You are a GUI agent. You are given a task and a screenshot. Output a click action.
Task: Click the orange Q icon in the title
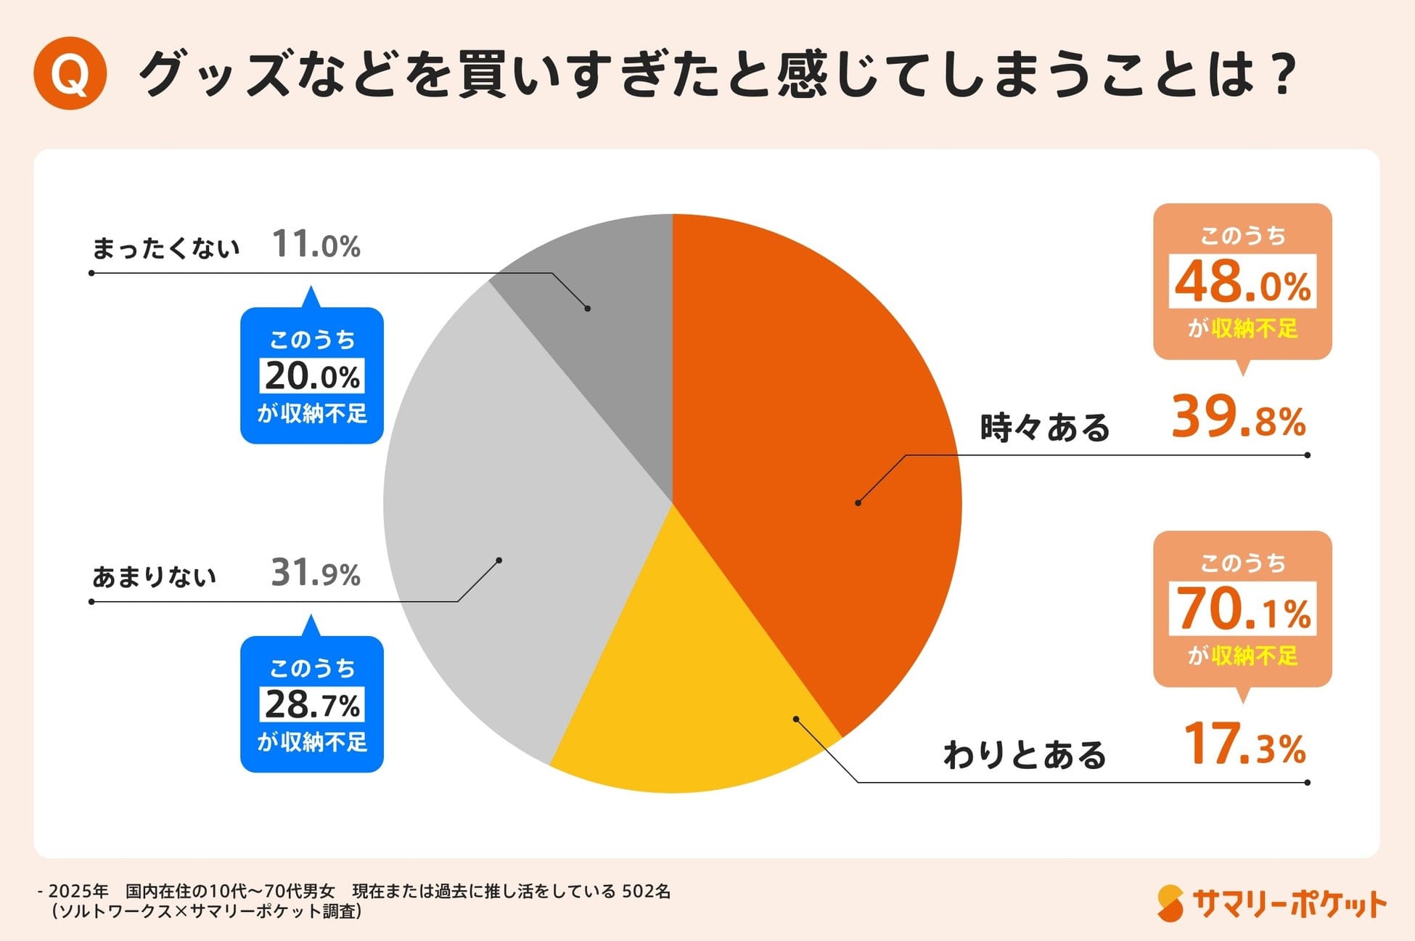coord(70,73)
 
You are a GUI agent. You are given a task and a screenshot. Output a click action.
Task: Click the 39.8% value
coord(1238,417)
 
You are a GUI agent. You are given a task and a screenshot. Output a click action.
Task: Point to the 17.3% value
coord(1244,745)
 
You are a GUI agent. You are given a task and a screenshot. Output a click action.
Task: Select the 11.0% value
coord(316,245)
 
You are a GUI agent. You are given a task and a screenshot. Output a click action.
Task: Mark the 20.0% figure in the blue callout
coord(312,376)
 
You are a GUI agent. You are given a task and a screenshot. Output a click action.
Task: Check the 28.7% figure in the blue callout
coord(312,704)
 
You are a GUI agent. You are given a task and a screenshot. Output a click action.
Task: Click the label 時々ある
coord(1044,427)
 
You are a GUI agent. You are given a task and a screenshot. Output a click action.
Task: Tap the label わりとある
coord(1025,755)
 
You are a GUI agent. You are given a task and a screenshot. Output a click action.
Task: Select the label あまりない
coord(155,577)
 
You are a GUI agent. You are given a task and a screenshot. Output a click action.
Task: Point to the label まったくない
coord(165,248)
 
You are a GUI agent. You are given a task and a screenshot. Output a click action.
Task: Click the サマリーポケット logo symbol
coord(1170,903)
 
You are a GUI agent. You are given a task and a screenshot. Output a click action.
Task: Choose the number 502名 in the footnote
coord(647,891)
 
